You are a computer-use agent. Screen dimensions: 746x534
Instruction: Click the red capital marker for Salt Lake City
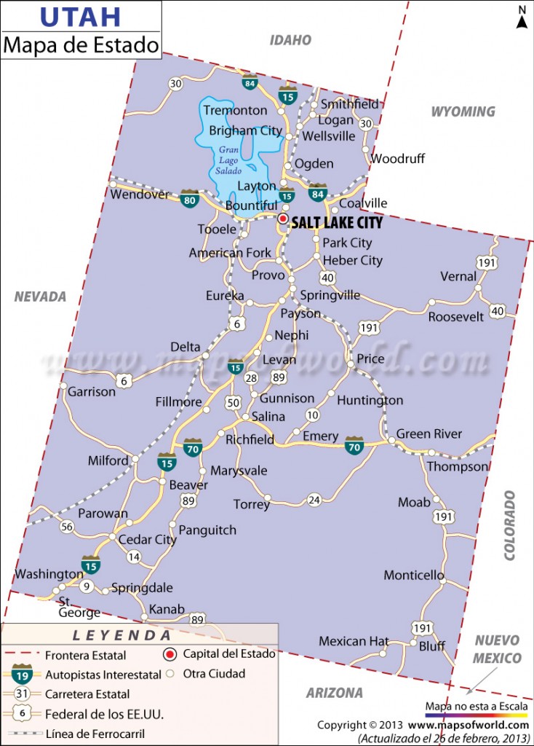(x=283, y=218)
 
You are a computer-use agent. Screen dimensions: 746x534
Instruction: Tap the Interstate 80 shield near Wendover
(x=190, y=200)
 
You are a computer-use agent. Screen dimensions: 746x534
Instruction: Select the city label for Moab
(x=413, y=502)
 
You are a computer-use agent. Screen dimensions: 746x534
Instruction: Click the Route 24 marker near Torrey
(x=314, y=500)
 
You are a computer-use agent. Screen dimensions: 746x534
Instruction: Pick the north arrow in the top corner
(x=522, y=17)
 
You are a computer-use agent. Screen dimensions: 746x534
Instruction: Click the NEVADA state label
(x=40, y=297)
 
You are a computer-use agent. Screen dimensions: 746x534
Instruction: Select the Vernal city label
(x=458, y=276)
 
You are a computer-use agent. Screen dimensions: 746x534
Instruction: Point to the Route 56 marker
(x=67, y=527)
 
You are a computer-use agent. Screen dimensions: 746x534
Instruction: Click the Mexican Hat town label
(x=354, y=641)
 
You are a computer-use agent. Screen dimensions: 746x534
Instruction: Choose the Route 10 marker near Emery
(x=312, y=415)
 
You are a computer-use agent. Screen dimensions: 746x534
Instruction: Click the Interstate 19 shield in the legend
(x=21, y=675)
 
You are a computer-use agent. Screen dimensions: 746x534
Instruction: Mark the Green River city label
(x=429, y=433)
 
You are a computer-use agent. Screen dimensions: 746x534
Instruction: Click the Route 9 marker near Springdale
(x=86, y=586)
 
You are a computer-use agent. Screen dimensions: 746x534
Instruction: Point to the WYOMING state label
(x=463, y=111)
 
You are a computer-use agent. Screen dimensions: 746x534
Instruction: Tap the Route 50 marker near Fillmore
(x=233, y=402)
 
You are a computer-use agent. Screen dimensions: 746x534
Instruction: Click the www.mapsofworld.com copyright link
(x=468, y=725)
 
